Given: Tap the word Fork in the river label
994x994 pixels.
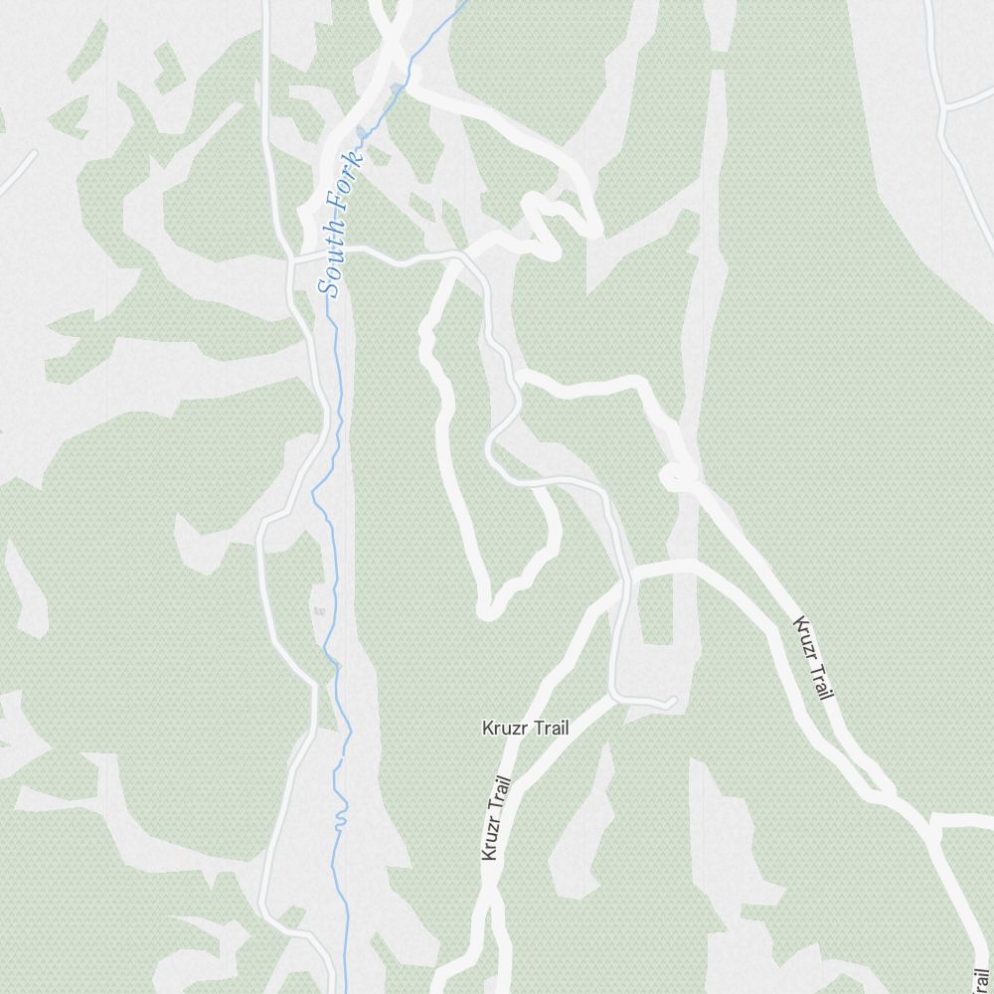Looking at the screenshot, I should point(342,188).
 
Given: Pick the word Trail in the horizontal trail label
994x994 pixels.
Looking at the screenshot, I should point(552,729).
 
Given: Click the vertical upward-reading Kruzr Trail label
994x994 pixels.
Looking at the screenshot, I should point(495,818).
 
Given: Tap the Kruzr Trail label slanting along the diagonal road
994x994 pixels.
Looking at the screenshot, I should point(812,657).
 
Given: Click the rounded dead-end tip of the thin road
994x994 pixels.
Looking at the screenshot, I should point(673,703).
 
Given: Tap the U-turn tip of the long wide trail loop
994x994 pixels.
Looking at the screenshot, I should point(487,607).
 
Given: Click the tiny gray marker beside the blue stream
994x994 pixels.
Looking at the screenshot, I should point(319,610).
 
